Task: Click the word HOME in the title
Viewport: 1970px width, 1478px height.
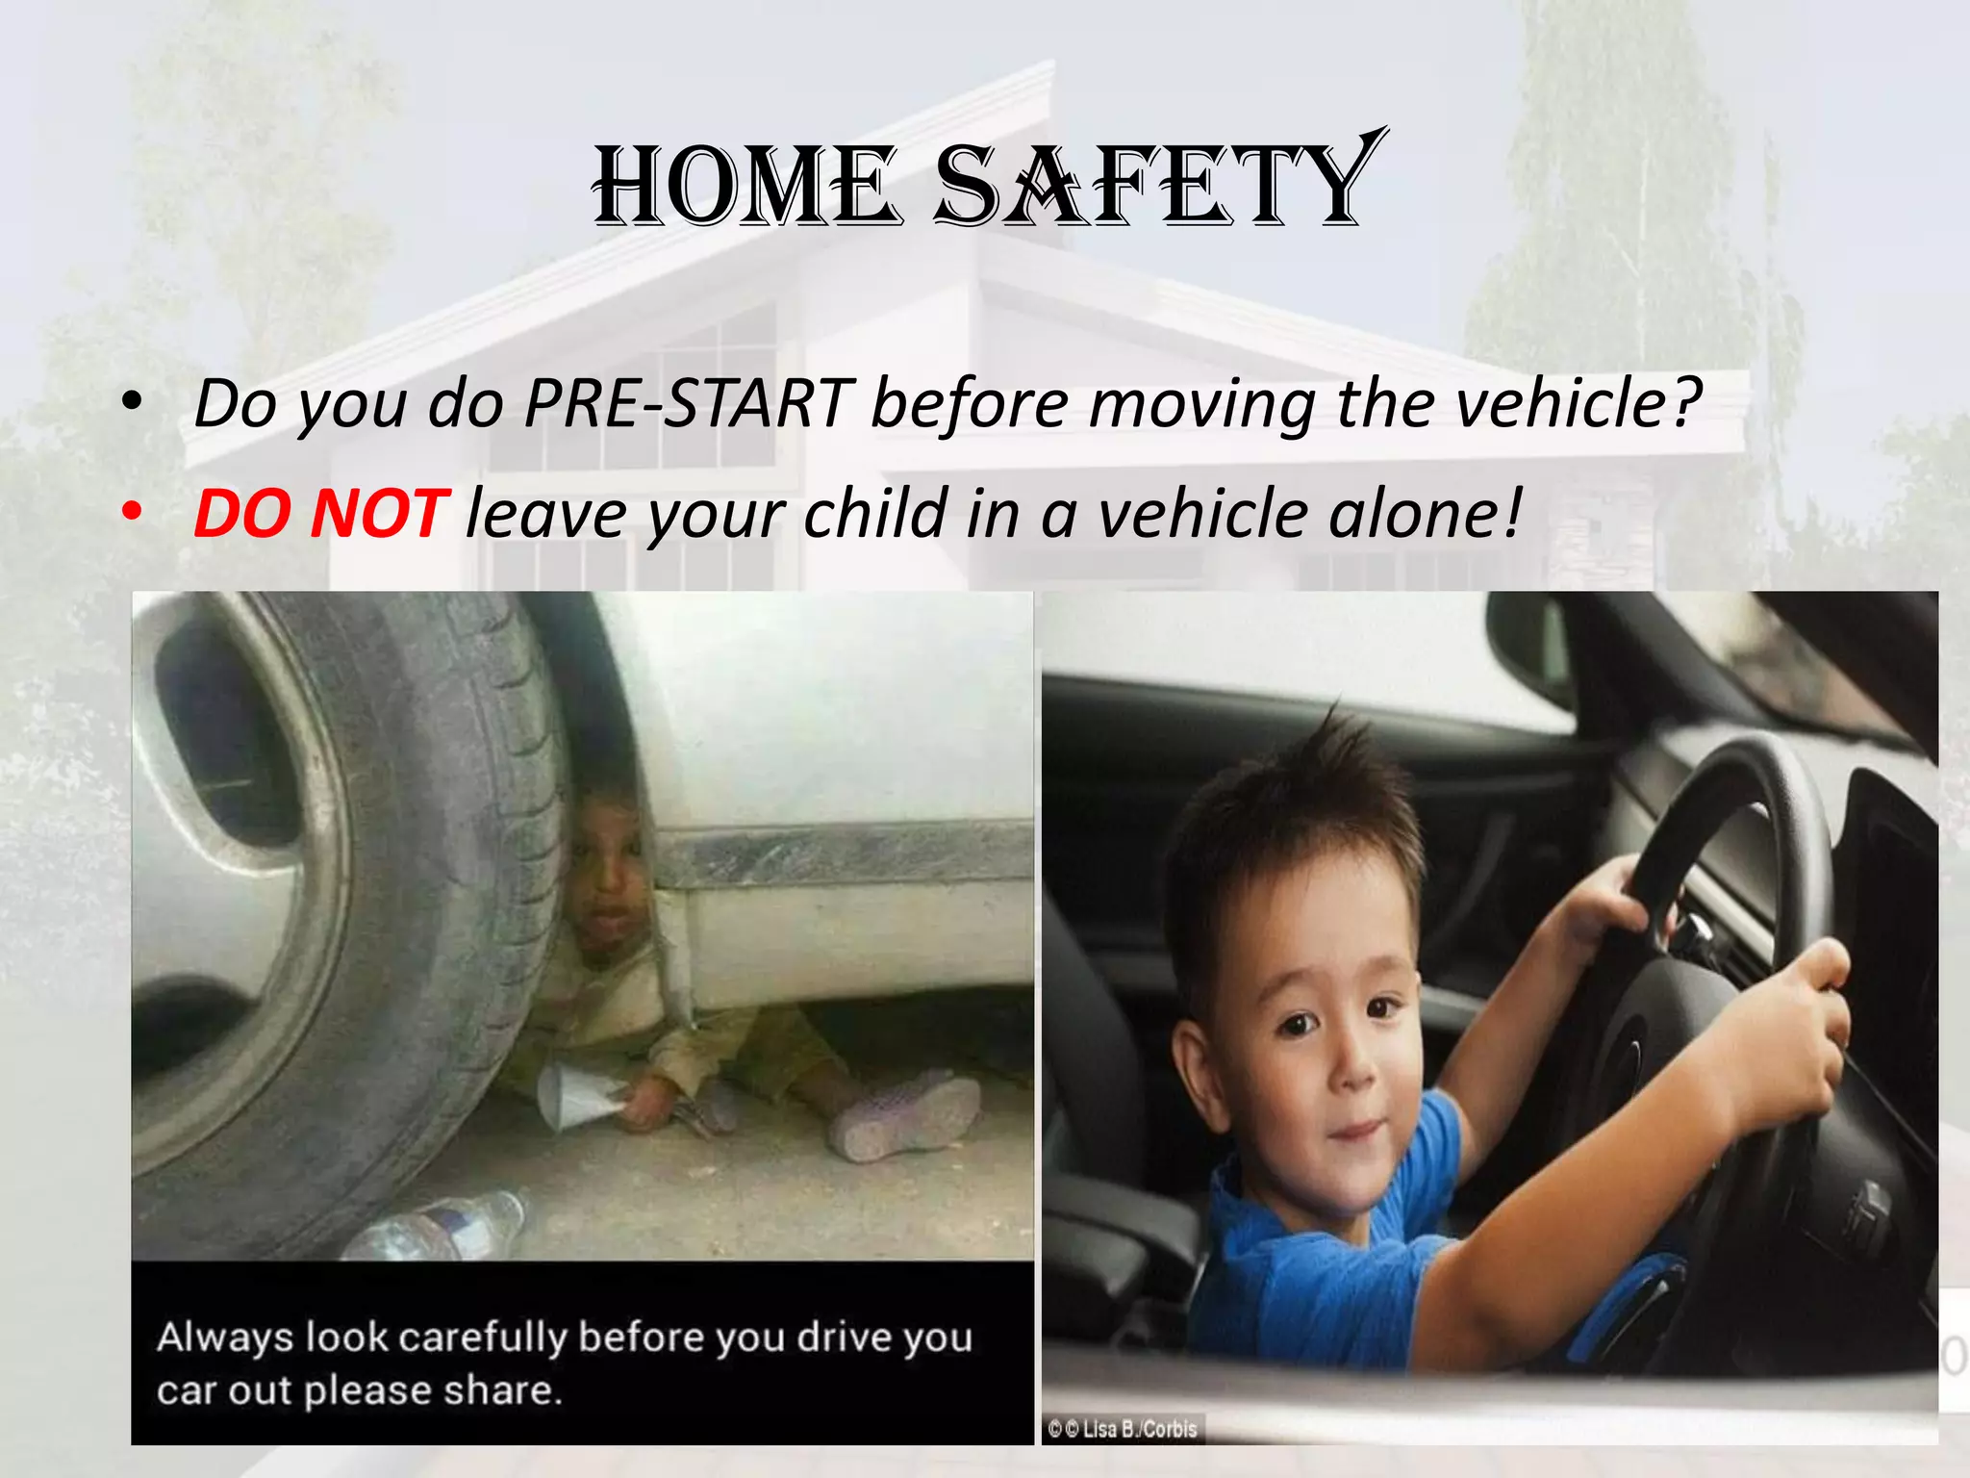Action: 745,185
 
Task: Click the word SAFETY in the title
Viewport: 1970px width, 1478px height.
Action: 1154,183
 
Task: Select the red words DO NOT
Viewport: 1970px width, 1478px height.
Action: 320,513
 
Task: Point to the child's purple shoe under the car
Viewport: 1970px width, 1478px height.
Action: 904,1116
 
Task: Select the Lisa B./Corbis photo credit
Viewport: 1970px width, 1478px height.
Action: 1124,1429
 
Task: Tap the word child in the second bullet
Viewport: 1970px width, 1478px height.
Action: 875,513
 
